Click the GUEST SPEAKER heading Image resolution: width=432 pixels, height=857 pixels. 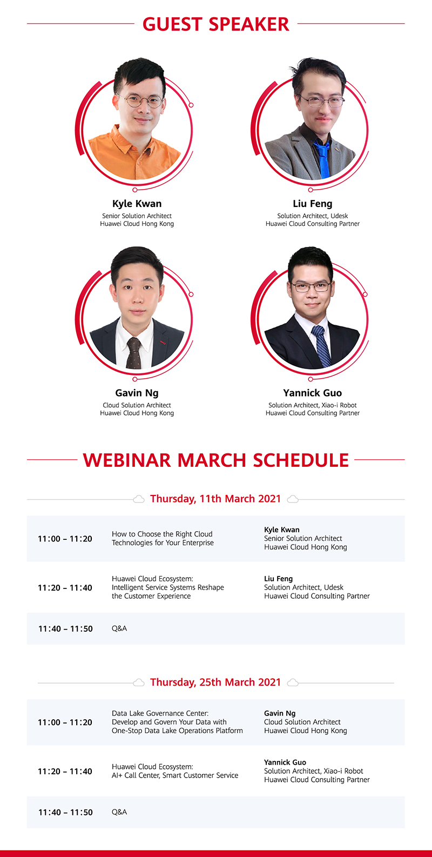pyautogui.click(x=215, y=24)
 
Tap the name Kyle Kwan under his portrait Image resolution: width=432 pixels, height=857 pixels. pyautogui.click(x=137, y=204)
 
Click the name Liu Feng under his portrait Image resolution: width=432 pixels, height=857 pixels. pyautogui.click(x=312, y=204)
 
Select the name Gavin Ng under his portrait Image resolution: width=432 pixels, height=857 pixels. pyautogui.click(x=137, y=393)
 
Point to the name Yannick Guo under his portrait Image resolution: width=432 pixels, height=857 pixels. pyautogui.click(x=312, y=393)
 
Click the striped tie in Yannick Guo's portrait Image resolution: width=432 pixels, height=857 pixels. pyautogui.click(x=321, y=346)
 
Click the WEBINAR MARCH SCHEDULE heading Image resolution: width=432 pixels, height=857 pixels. pyautogui.click(x=215, y=460)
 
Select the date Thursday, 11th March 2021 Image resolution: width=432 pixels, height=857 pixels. pyautogui.click(x=215, y=499)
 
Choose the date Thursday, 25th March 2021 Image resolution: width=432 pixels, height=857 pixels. pyautogui.click(x=215, y=682)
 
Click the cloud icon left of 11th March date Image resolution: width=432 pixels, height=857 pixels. pyautogui.click(x=139, y=499)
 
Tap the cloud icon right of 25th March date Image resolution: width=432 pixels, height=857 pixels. pyautogui.click(x=293, y=682)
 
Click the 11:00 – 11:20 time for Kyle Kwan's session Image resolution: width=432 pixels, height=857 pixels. pyautogui.click(x=65, y=539)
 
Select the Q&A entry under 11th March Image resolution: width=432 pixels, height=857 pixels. pyautogui.click(x=119, y=628)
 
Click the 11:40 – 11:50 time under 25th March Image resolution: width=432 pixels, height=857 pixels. pyautogui.click(x=65, y=812)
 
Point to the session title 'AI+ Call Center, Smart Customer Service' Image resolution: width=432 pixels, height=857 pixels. pyautogui.click(x=175, y=775)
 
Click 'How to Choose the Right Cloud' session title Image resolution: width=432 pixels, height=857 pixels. pyautogui.click(x=162, y=534)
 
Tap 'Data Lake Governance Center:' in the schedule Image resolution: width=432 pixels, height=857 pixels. pyautogui.click(x=160, y=713)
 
